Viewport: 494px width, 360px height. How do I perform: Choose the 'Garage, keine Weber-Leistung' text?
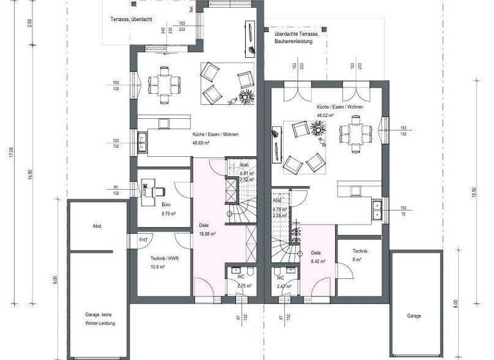click(99, 319)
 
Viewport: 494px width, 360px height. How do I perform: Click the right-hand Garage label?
click(414, 316)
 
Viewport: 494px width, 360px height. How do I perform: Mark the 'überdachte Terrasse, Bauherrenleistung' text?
click(293, 37)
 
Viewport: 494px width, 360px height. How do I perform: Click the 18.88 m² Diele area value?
click(207, 235)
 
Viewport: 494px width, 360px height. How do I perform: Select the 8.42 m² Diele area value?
click(319, 262)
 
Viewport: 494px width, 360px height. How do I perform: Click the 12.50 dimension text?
click(474, 193)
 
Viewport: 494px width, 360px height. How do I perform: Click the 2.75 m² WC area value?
click(244, 285)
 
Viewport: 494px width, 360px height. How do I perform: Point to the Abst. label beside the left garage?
click(98, 226)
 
